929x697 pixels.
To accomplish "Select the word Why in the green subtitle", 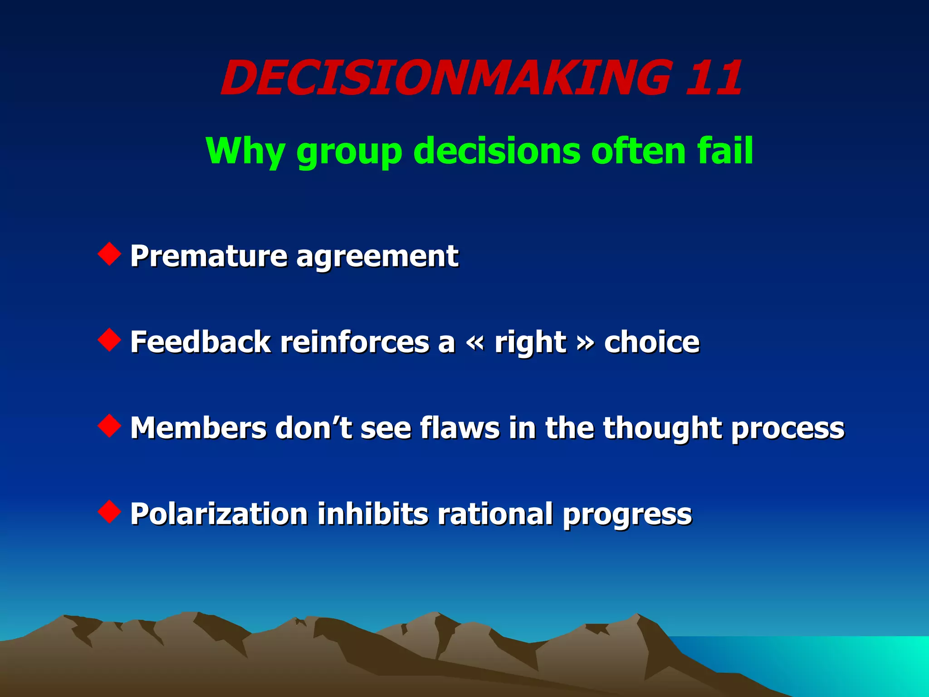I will [x=245, y=152].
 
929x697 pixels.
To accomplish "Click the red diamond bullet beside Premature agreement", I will [x=109, y=254].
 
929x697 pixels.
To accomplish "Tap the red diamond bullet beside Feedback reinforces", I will [x=109, y=340].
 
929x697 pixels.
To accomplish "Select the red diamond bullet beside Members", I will [x=109, y=426].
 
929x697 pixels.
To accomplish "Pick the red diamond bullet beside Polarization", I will [x=109, y=511].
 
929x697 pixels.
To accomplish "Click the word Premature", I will [x=209, y=256].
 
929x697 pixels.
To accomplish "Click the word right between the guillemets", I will [x=530, y=343].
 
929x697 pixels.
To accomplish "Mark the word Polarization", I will [x=219, y=514].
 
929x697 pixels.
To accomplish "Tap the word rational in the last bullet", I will [x=495, y=514].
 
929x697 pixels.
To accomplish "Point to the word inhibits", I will [x=372, y=514].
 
